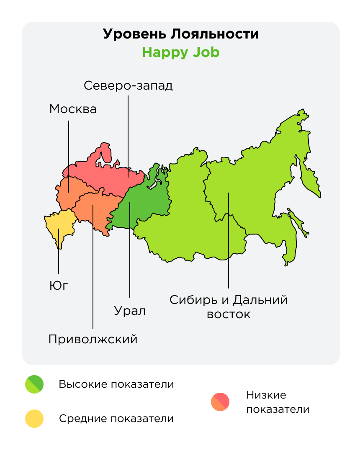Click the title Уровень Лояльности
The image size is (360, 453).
coord(180,34)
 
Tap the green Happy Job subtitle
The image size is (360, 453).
coord(180,53)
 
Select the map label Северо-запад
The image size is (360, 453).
coord(128,85)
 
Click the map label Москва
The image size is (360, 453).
coord(73,109)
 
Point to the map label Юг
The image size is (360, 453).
coord(58,286)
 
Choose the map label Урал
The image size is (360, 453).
coord(130,311)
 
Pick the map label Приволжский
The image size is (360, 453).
coord(93,339)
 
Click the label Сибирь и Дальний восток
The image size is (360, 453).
coord(229,307)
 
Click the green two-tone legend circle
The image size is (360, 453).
coord(34,384)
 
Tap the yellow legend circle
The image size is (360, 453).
coord(34,418)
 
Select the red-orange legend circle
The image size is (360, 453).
coord(220,402)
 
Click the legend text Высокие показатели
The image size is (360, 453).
coord(116,384)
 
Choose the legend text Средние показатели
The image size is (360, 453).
coord(116,418)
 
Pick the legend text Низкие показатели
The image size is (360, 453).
coord(278,402)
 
